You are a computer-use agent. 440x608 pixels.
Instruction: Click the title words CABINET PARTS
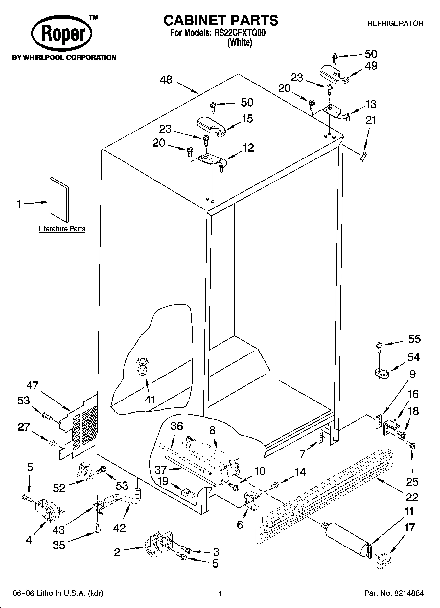pos(220,20)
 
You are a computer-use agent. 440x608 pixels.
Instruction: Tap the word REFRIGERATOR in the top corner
pos(395,23)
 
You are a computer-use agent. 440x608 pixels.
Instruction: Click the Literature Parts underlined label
pos(62,229)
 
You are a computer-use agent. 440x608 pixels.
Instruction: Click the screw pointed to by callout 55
pos(379,346)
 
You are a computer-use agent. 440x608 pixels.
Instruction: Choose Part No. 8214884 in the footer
pos(394,593)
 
